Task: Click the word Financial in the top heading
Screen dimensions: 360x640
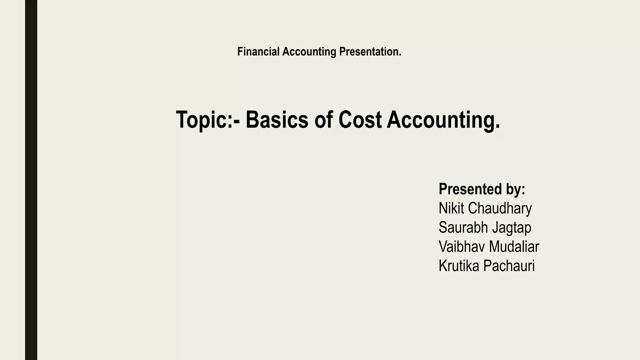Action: (x=258, y=52)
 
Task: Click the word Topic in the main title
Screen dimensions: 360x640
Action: (x=201, y=120)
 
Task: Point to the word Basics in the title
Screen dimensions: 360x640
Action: (x=277, y=120)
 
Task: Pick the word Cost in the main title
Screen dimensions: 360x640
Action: (x=360, y=120)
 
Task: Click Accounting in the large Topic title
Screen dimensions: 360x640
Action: (x=443, y=120)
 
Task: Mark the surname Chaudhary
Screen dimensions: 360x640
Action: (x=500, y=208)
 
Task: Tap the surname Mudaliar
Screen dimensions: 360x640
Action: (x=514, y=247)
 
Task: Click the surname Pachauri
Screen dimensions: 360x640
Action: (x=509, y=266)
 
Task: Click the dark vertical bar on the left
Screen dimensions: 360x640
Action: (x=31, y=180)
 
